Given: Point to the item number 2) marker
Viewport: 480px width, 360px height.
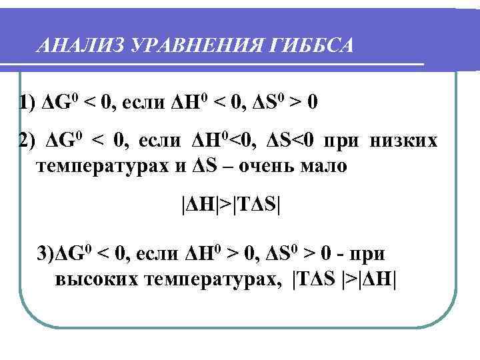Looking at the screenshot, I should pos(28,142).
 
